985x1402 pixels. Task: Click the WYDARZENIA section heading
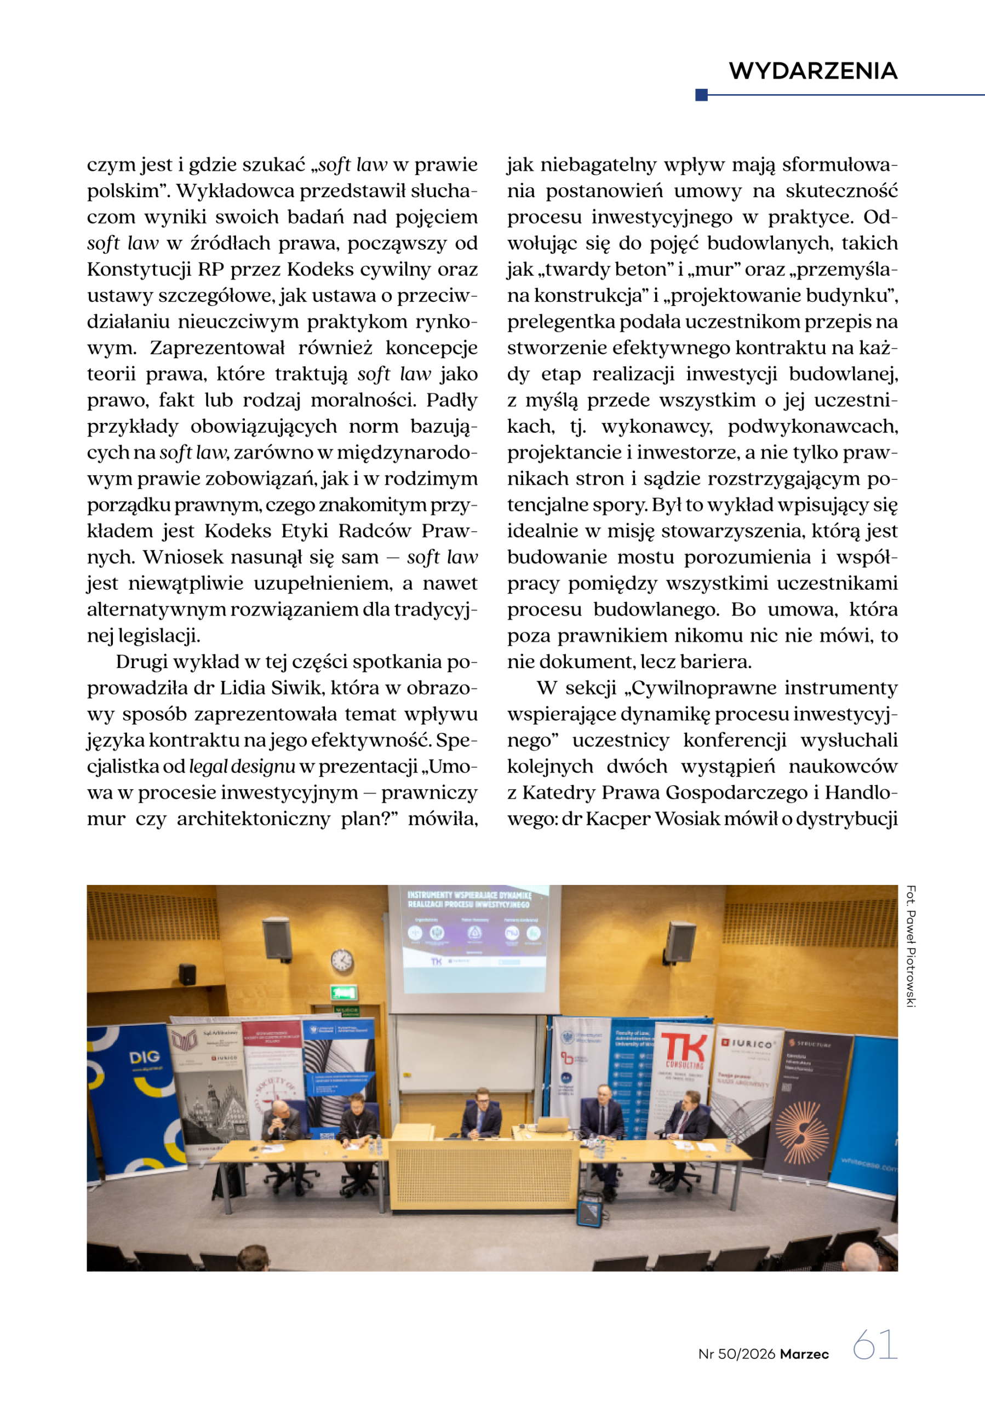coord(813,71)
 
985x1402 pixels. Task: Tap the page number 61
coord(874,1344)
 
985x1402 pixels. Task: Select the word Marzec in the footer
coord(804,1354)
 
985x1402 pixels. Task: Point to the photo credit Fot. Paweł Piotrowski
coord(910,946)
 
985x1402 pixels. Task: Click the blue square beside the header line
coord(702,95)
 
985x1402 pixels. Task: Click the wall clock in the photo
coord(342,961)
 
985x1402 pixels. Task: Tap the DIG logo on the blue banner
coord(144,1057)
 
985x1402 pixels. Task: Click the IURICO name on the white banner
coord(751,1044)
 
